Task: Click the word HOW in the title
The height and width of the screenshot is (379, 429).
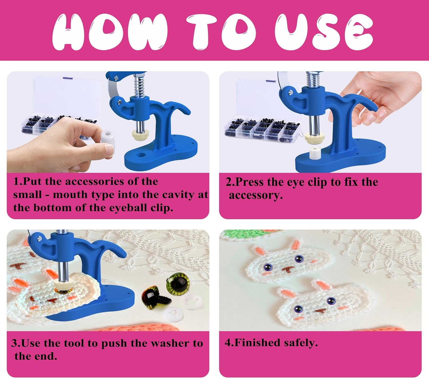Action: (110, 32)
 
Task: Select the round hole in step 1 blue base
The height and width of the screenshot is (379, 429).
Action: (141, 155)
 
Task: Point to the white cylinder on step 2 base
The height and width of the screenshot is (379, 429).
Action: (315, 155)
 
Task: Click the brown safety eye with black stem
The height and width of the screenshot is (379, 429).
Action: (152, 299)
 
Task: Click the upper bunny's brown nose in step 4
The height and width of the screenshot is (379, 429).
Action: (287, 269)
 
